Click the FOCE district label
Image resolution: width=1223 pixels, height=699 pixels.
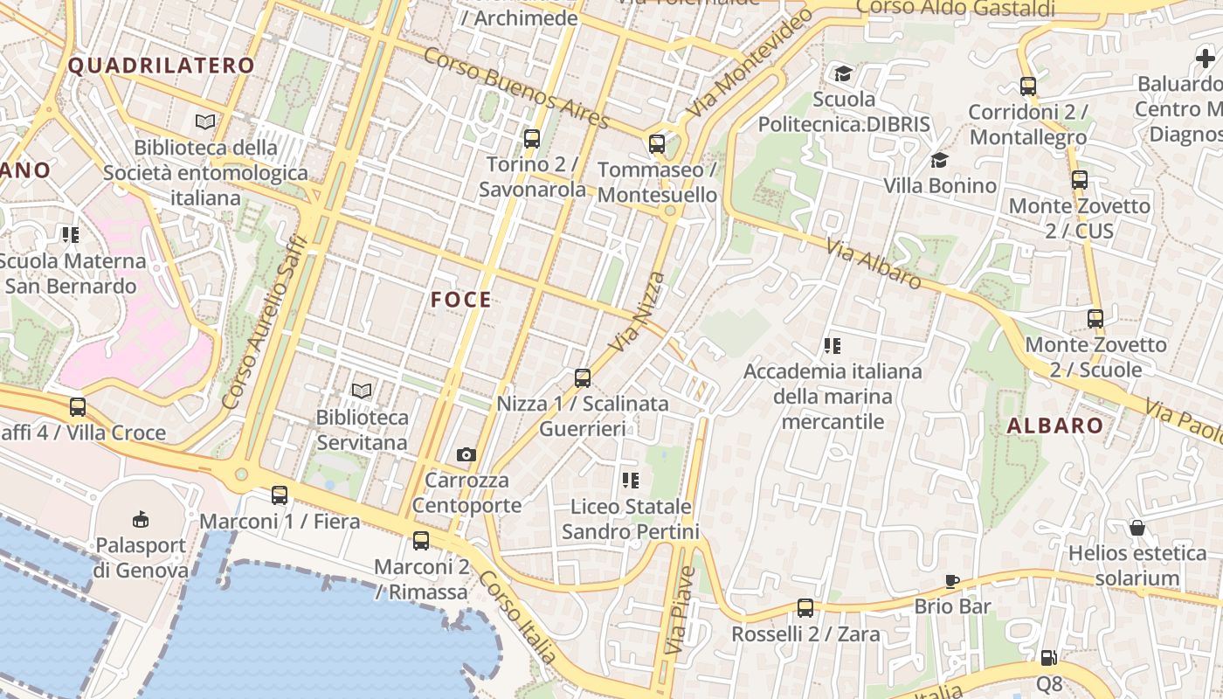[461, 300]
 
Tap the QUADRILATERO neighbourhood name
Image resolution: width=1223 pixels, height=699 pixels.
[162, 66]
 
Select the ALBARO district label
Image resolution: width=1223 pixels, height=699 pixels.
[1054, 426]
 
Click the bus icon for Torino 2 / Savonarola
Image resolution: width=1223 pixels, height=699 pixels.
[531, 138]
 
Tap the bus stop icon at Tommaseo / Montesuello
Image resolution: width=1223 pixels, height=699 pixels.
[657, 144]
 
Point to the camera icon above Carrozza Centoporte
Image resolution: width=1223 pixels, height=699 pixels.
[466, 454]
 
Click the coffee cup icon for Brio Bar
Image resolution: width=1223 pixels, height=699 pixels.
[952, 581]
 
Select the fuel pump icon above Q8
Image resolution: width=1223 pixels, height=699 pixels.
[1049, 657]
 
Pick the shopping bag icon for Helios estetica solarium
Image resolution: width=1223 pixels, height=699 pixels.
[1137, 528]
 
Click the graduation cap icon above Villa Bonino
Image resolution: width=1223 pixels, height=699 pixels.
[939, 160]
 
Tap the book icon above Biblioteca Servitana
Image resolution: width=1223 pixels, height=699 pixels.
[362, 391]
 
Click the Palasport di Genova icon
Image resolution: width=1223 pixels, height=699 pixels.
[141, 519]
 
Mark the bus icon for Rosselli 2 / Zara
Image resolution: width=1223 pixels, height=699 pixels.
[805, 607]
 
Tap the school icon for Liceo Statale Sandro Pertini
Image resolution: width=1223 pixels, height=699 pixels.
[631, 480]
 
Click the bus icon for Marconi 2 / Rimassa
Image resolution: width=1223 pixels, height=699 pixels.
[421, 540]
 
